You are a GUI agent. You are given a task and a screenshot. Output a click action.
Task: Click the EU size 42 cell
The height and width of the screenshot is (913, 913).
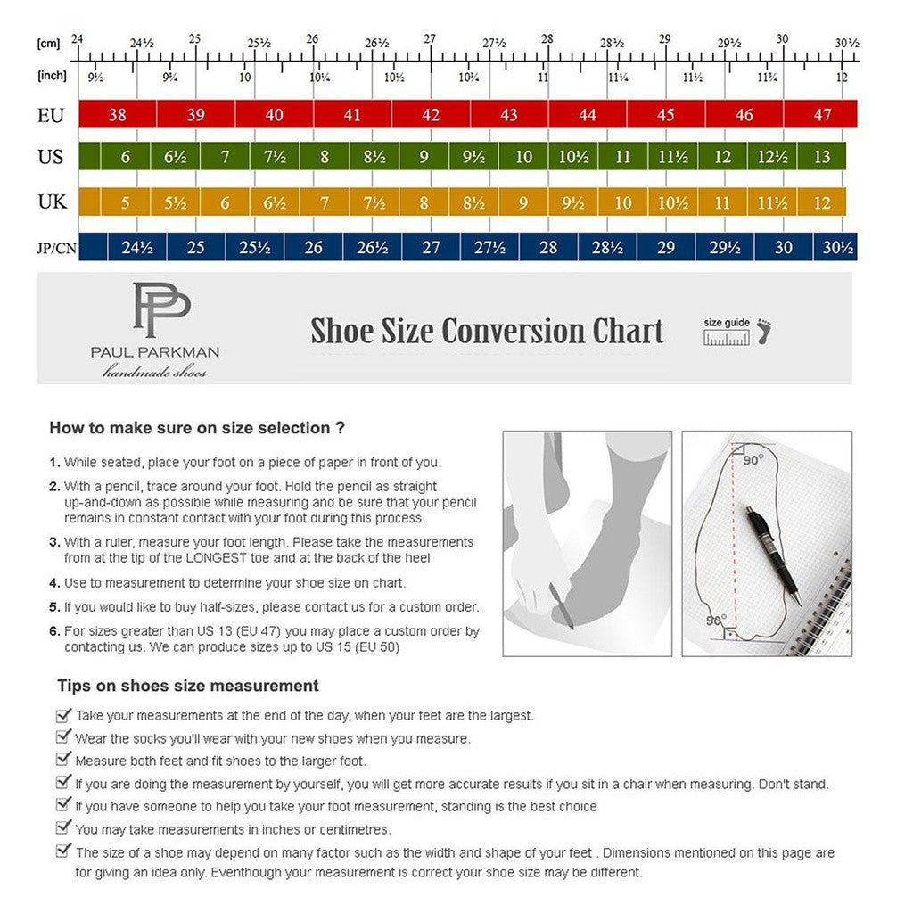click(431, 114)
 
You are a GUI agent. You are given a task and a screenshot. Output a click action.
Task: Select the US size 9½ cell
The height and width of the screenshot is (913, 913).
click(473, 157)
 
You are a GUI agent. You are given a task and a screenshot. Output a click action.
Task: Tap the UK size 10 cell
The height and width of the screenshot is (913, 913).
click(622, 202)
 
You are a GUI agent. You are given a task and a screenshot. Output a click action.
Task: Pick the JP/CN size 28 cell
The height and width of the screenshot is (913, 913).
click(547, 247)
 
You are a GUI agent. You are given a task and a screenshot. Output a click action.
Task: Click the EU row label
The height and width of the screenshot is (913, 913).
click(50, 114)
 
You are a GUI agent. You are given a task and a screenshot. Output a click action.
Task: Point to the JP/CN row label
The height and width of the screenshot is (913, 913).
click(56, 248)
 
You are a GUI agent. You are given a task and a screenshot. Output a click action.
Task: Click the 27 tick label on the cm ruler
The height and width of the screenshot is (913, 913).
click(430, 40)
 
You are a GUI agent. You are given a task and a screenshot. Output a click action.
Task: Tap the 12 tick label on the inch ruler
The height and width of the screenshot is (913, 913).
click(841, 78)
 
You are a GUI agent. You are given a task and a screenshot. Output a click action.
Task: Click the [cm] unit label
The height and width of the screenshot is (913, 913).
click(47, 44)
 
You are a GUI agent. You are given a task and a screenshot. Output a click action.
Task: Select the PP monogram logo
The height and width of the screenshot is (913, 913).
click(161, 309)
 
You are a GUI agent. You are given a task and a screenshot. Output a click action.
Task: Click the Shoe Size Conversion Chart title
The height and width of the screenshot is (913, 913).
click(487, 331)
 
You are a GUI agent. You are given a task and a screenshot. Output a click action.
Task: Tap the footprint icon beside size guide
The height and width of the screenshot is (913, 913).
click(763, 332)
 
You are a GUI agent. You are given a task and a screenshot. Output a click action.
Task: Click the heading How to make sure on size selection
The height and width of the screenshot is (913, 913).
click(197, 428)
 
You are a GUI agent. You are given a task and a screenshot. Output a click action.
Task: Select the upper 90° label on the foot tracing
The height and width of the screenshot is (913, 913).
click(753, 460)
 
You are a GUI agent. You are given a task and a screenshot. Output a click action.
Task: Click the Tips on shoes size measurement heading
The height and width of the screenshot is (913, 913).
click(187, 686)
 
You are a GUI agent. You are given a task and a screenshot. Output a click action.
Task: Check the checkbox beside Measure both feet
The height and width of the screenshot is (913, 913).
click(63, 760)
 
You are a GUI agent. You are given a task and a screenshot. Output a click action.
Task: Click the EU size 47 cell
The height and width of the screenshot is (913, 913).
click(821, 114)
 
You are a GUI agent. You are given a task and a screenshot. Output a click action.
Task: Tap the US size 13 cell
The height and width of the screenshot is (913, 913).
click(821, 157)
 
